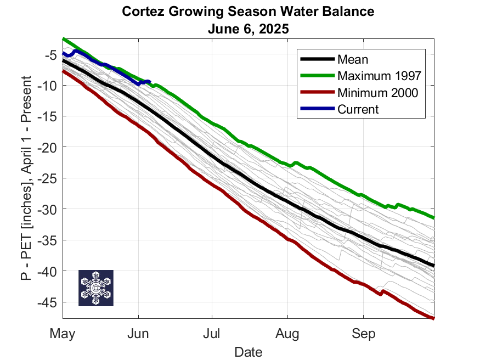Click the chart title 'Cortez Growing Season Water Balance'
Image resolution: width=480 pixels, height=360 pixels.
(248, 12)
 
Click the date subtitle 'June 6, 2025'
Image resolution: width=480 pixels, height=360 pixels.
(248, 27)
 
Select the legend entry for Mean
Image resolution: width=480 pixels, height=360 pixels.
(353, 59)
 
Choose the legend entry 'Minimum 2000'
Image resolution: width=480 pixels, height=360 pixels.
(377, 93)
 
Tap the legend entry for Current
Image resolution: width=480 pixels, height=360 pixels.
(358, 109)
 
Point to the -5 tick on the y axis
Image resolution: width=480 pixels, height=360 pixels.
(50, 54)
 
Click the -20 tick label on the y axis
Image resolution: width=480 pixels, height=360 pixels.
(48, 147)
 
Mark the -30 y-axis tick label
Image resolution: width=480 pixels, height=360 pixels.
(48, 209)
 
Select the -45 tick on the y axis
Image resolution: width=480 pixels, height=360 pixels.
(48, 302)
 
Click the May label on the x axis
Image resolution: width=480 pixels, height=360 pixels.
(62, 333)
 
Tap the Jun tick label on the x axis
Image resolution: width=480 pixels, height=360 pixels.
(139, 333)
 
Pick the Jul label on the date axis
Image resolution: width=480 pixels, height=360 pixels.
(212, 333)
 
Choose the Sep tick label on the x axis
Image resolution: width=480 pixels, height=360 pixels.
(363, 333)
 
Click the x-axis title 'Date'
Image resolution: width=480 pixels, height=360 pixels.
(248, 351)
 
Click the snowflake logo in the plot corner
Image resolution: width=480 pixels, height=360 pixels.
(96, 288)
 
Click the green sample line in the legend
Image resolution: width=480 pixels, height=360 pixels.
(316, 76)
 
